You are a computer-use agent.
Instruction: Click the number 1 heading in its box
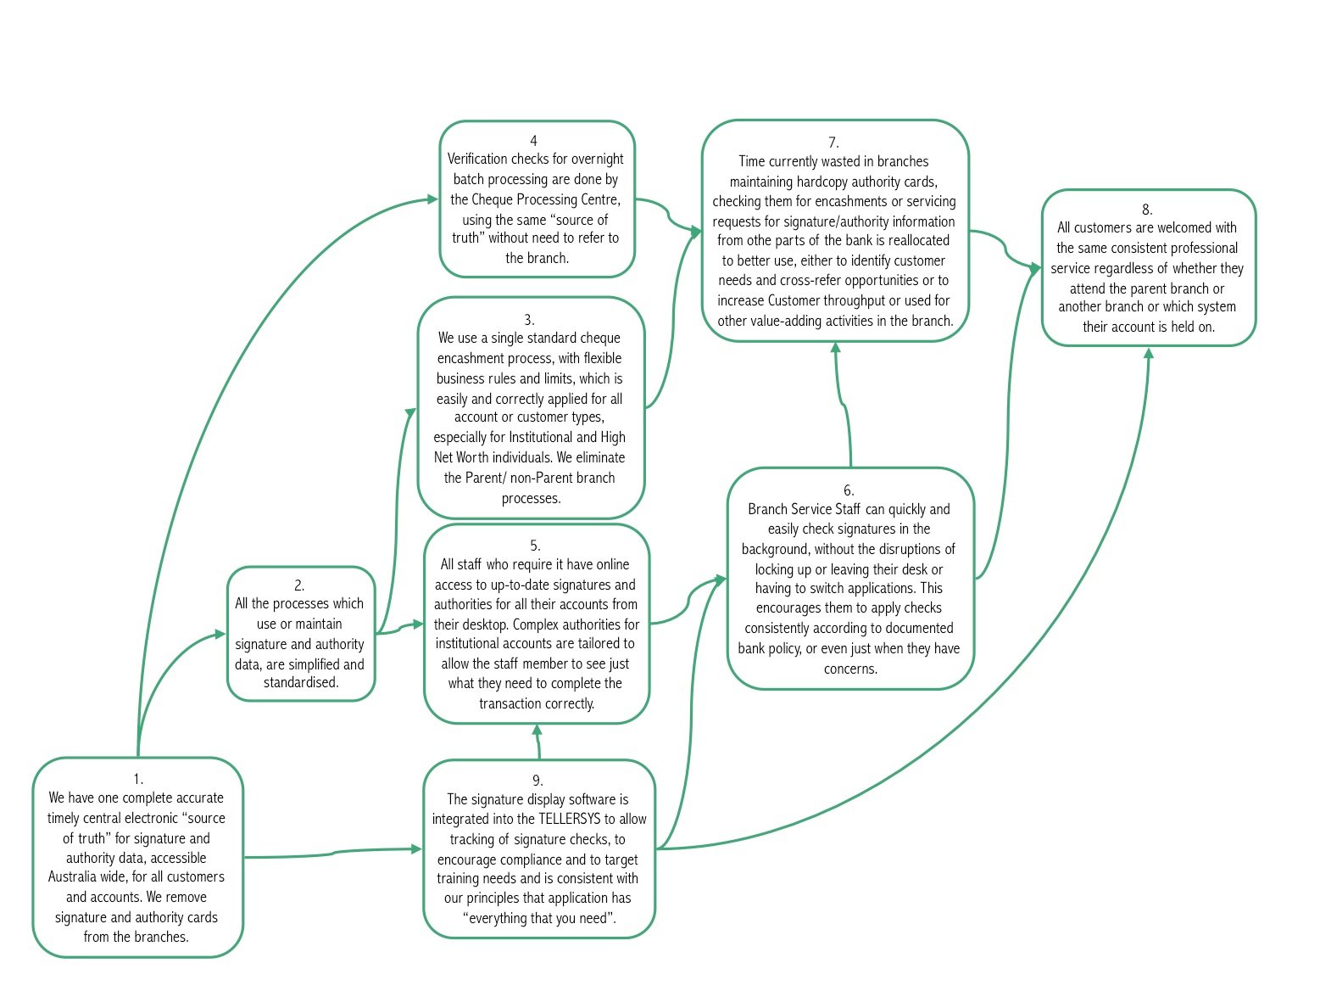coord(138,778)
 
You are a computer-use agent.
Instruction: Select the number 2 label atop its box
coord(299,585)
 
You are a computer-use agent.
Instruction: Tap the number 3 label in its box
coord(529,320)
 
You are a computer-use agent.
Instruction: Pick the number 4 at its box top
coord(533,141)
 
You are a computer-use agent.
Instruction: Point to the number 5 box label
coord(535,546)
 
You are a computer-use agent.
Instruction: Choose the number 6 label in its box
coord(849,490)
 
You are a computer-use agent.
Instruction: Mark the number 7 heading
coord(833,143)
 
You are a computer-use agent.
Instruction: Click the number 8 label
coord(1147,210)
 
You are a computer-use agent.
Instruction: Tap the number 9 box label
coord(537,781)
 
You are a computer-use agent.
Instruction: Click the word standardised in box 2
coord(301,682)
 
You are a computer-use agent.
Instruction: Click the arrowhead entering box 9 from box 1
coord(416,848)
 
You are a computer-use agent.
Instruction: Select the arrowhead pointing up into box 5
coord(536,730)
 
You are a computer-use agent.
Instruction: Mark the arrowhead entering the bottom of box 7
coord(836,348)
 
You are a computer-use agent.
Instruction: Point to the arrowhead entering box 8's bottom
coord(1149,353)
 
